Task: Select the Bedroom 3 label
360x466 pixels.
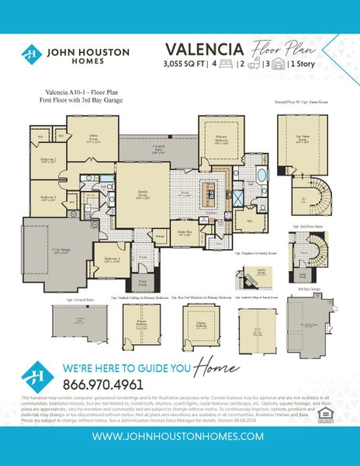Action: pyautogui.click(x=48, y=199)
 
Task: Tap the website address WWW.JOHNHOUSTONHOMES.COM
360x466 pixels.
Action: pyautogui.click(x=179, y=436)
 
